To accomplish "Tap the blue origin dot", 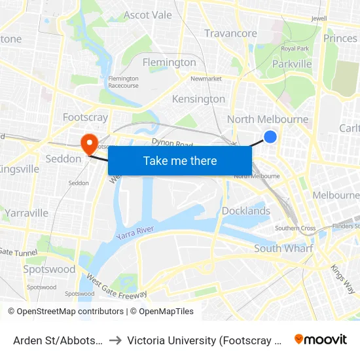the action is (270, 136).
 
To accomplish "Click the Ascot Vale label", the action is (147, 15).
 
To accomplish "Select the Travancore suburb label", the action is (230, 33).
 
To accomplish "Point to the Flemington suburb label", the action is (169, 63).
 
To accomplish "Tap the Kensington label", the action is (198, 99).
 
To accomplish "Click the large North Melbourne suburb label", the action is (267, 119).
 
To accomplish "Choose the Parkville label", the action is (292, 64).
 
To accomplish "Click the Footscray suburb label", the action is (85, 118).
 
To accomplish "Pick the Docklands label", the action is (246, 211).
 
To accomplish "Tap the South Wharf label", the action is (283, 248).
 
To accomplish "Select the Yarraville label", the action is (26, 213).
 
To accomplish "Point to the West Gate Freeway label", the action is (117, 289).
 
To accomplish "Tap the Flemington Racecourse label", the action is (123, 82).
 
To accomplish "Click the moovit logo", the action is (321, 339).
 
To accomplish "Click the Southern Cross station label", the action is (295, 228).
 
